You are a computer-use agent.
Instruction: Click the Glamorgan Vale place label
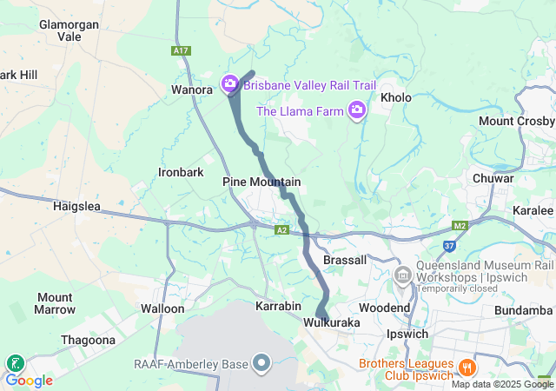[x=69, y=31]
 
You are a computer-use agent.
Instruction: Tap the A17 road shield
[x=181, y=51]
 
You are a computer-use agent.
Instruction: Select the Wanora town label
[x=192, y=89]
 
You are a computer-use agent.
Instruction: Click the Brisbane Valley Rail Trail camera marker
[x=229, y=84]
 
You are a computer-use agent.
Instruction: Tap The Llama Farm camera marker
[x=356, y=110]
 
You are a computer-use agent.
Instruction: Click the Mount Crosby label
[x=516, y=121]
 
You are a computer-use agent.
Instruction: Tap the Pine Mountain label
[x=261, y=182]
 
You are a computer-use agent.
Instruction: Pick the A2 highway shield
[x=281, y=230]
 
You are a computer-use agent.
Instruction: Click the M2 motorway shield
[x=460, y=226]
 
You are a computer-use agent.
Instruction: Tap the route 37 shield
[x=448, y=247]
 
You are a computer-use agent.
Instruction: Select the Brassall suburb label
[x=345, y=260]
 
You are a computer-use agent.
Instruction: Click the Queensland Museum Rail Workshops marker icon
[x=402, y=276]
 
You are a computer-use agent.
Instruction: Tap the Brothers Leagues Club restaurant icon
[x=467, y=367]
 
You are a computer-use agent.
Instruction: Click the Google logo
[x=29, y=381]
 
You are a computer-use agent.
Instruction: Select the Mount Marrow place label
[x=55, y=303]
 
